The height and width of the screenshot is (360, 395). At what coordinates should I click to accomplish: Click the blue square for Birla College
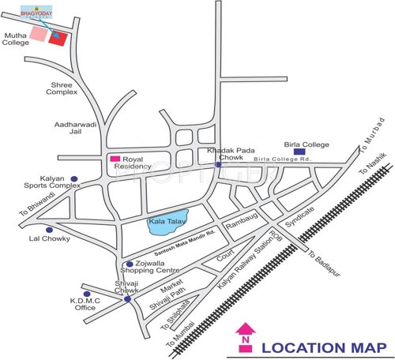coord(299,155)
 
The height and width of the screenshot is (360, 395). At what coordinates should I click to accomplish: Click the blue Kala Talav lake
coord(169,222)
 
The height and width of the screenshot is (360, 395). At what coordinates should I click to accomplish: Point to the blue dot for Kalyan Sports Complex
coord(74,179)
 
